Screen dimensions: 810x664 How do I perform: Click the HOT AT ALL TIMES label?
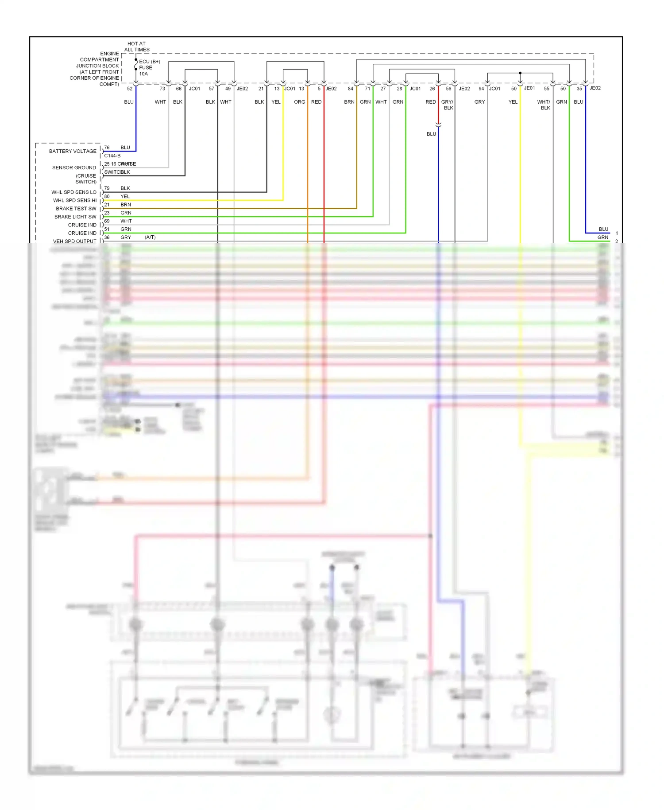click(136, 47)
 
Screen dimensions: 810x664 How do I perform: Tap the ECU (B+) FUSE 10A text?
click(149, 68)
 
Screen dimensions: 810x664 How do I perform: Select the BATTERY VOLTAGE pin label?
click(73, 152)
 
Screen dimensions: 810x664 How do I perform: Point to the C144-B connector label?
click(112, 156)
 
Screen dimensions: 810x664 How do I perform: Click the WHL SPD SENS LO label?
click(73, 192)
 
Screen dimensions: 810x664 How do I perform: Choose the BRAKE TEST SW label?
click(76, 209)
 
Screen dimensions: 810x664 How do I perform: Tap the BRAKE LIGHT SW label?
click(75, 217)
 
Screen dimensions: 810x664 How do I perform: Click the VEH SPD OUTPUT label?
click(74, 241)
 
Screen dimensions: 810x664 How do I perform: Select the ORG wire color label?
click(300, 102)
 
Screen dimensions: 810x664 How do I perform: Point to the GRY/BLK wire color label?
click(448, 105)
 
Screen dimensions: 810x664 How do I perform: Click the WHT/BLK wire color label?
click(544, 105)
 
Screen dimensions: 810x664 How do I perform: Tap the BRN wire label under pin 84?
click(349, 102)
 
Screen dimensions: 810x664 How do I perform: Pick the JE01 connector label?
click(529, 88)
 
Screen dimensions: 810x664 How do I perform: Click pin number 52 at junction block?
click(130, 89)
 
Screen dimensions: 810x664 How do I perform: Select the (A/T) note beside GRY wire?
click(150, 238)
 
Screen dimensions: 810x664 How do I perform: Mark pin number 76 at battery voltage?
click(107, 148)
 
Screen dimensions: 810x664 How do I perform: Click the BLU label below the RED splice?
click(431, 134)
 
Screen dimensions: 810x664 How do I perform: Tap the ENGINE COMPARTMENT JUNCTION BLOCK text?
click(97, 69)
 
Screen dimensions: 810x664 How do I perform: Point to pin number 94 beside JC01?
click(481, 89)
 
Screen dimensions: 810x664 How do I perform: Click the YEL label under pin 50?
click(513, 102)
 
